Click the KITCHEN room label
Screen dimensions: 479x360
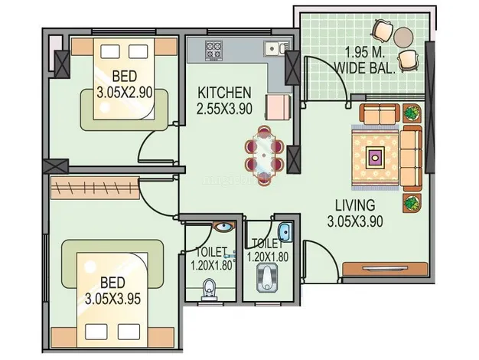224,93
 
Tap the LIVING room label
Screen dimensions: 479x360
355,205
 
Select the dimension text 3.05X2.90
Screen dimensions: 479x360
125,92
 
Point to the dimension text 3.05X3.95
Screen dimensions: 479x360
112,299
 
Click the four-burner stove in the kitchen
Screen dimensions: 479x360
213,50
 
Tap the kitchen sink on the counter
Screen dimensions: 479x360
276,48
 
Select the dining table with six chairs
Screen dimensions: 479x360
264,155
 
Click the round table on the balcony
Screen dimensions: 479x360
403,37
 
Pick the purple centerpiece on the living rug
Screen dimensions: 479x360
376,157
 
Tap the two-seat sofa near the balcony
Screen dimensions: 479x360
380,114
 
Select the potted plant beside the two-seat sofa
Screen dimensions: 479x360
412,113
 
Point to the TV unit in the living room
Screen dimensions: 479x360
385,269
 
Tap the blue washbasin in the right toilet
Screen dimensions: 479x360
285,232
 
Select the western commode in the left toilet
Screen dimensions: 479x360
209,290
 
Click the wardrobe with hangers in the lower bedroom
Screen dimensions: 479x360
95,188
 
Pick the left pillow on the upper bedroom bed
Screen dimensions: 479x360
110,51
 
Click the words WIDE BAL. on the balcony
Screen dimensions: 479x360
365,68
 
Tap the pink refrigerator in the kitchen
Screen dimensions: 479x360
277,107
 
